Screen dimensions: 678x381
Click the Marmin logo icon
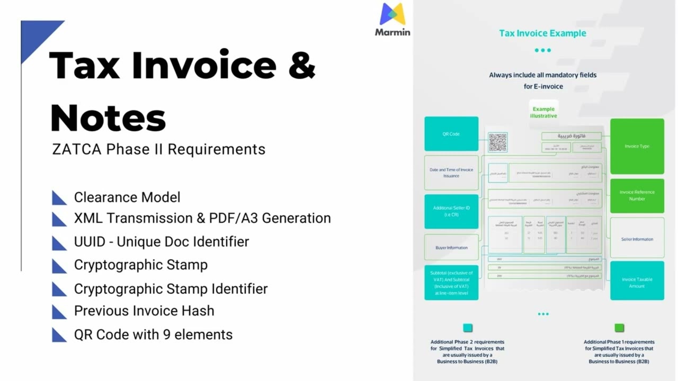[392, 14]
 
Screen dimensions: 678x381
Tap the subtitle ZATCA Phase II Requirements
[159, 149]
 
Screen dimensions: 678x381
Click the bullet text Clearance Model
[127, 197]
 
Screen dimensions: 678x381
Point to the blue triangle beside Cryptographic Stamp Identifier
[59, 289]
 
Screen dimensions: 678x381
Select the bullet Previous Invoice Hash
[144, 311]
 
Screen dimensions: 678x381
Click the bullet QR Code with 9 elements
[153, 334]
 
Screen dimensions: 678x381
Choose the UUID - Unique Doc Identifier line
[162, 242]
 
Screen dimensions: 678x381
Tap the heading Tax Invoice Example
[542, 33]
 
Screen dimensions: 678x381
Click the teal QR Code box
[451, 134]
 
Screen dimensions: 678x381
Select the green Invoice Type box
[637, 146]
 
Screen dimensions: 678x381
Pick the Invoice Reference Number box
[637, 195]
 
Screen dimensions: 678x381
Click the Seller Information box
[637, 239]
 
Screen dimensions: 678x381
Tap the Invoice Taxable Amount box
[637, 283]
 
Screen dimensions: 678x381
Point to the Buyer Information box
[451, 248]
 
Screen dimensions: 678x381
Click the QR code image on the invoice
[497, 142]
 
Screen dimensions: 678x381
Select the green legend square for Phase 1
[619, 328]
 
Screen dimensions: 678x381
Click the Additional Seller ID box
[451, 211]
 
